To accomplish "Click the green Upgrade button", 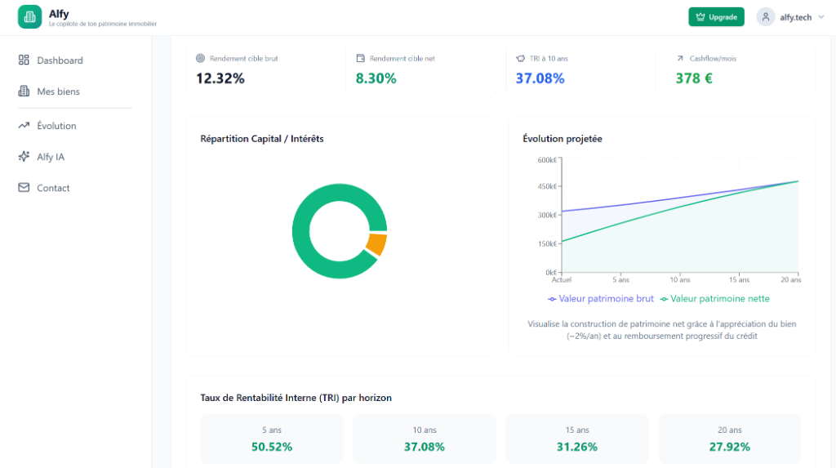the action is (716, 17).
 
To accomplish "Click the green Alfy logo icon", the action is (30, 16).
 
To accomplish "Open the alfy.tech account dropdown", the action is (790, 17).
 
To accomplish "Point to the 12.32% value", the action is (220, 78).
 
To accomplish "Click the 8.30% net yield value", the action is (376, 78).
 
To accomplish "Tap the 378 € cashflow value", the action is (694, 78).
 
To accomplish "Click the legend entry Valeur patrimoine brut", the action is (601, 299).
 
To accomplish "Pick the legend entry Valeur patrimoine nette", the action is (715, 299).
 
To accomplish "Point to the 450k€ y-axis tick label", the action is (547, 187).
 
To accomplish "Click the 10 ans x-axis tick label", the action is (680, 279).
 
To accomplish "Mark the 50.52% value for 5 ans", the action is (272, 447).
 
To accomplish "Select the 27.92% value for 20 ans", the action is (729, 447).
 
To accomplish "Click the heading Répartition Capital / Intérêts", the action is (262, 139).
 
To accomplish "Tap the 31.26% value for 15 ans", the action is (577, 447).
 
